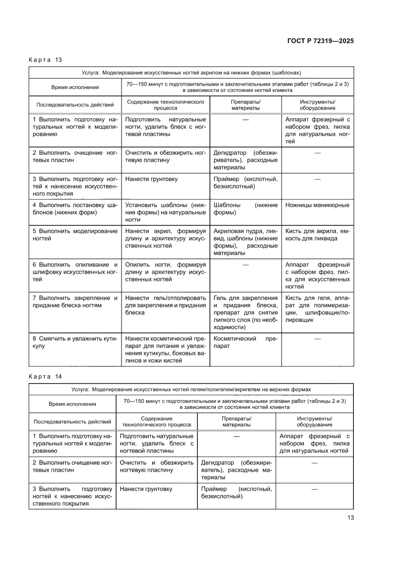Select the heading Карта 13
[x=46, y=60]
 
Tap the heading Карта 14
[x=46, y=376]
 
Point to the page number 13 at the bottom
[x=350, y=517]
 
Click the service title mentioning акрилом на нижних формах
[x=191, y=73]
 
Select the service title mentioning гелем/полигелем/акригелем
[x=191, y=389]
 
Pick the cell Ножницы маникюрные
[x=317, y=205]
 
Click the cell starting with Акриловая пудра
[x=245, y=242]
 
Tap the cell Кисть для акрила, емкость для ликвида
[x=317, y=235]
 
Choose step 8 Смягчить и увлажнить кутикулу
[x=75, y=342]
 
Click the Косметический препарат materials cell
[x=245, y=342]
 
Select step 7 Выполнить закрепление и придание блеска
[x=75, y=301]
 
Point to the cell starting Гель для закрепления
[x=245, y=312]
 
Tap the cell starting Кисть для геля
[x=317, y=309]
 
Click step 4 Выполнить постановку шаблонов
[x=75, y=209]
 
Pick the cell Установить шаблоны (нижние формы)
[x=165, y=212]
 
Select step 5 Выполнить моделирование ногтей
[x=75, y=235]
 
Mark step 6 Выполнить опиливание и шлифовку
[x=75, y=272]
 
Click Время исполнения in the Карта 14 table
[x=72, y=404]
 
